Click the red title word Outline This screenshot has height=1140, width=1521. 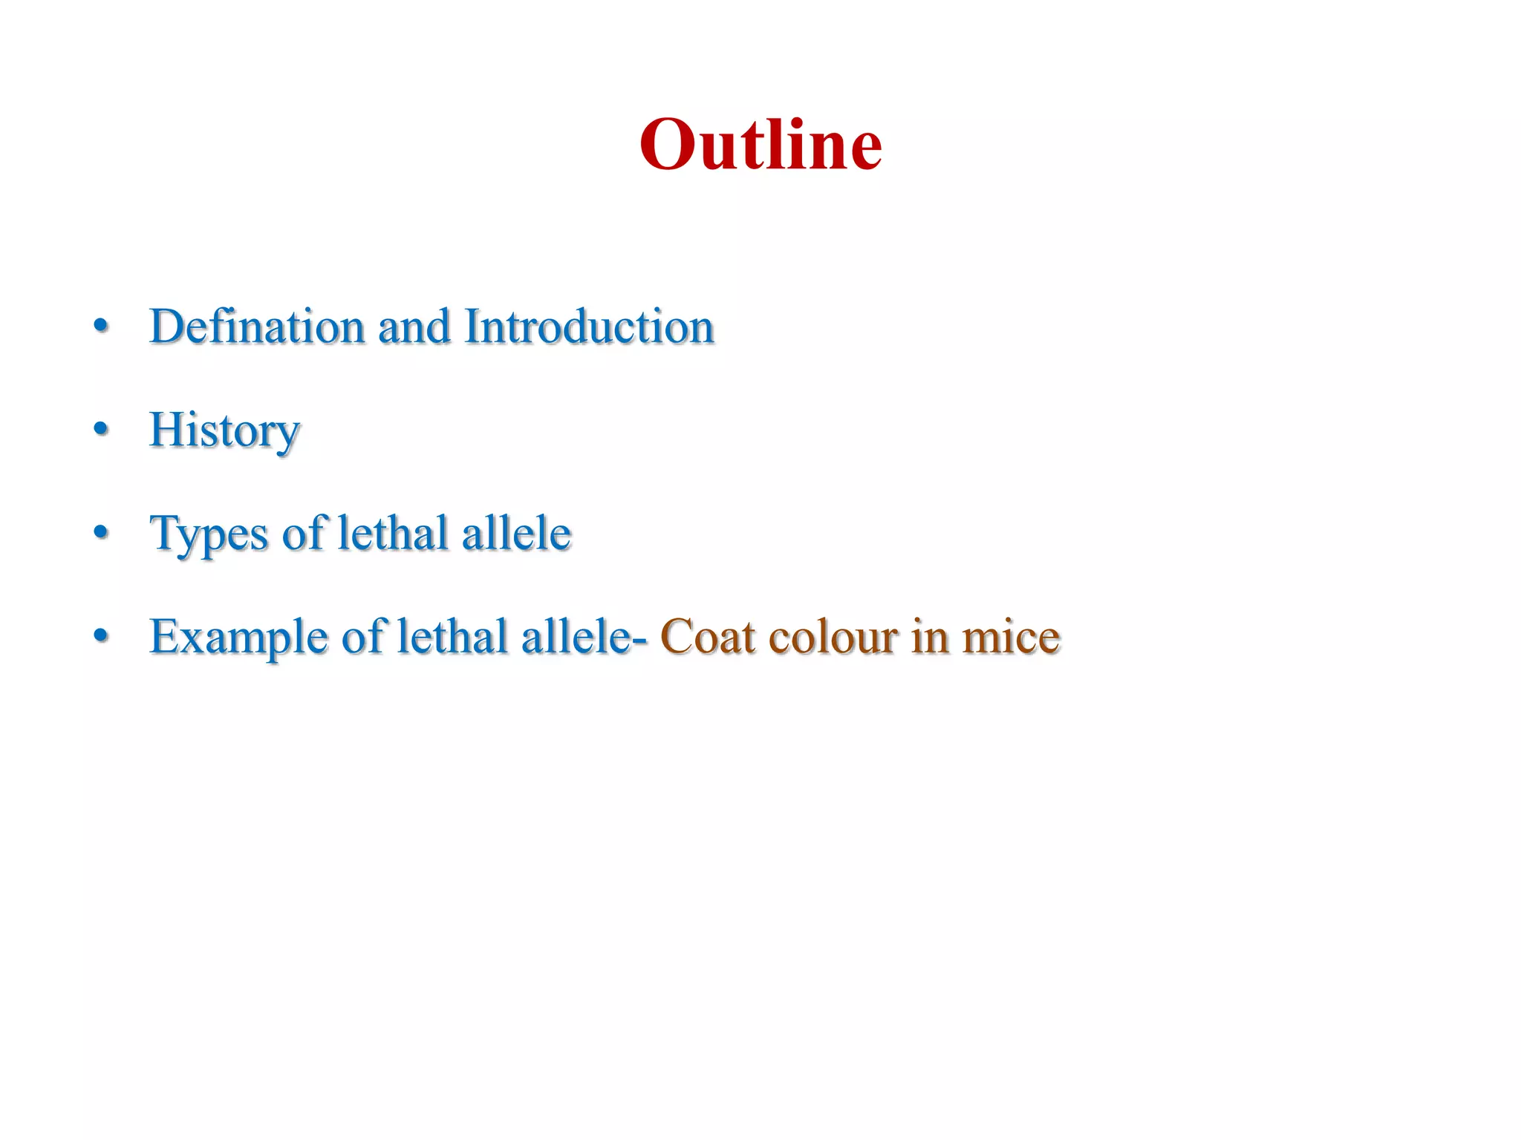[760, 144]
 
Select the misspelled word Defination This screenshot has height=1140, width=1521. [257, 327]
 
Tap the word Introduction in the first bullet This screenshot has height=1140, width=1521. [589, 327]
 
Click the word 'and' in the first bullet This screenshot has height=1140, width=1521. [414, 327]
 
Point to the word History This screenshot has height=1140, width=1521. [224, 430]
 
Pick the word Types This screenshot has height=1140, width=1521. [209, 534]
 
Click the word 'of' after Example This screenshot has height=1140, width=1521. [362, 636]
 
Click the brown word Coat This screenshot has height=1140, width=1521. [706, 637]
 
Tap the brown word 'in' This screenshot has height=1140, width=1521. [930, 636]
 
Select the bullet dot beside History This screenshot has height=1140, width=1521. [102, 428]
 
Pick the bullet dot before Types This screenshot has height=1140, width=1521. [102, 532]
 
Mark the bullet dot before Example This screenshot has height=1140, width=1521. [102, 635]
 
